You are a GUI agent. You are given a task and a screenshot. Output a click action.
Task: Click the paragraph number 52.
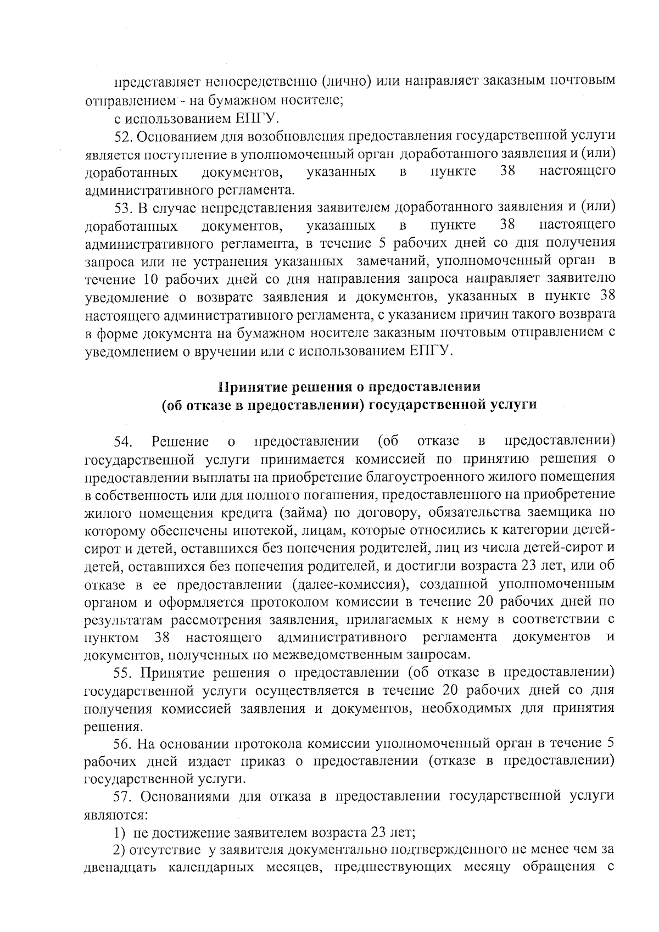tap(124, 136)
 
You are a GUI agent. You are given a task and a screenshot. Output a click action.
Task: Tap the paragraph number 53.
tap(124, 207)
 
